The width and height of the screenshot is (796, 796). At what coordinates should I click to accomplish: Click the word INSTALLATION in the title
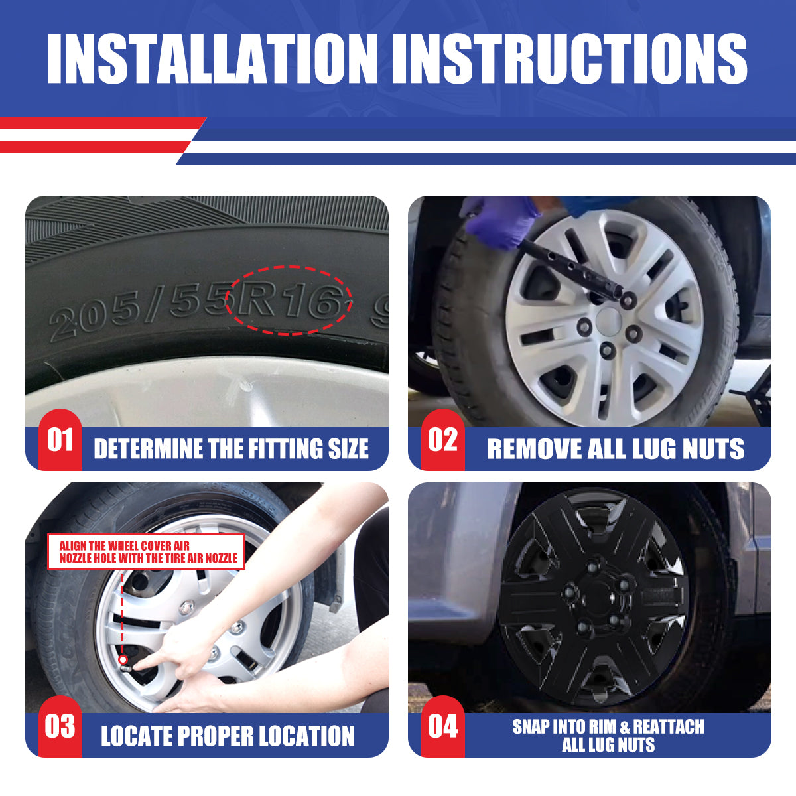point(212,58)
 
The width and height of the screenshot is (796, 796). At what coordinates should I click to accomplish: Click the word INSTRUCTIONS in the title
point(570,58)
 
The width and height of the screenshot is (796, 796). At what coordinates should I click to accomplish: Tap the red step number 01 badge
point(60,440)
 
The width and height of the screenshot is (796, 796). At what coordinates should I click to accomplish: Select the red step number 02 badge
point(443,440)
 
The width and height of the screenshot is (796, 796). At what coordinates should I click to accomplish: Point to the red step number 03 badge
point(60,726)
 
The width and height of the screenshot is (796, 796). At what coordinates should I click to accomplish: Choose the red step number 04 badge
point(443,726)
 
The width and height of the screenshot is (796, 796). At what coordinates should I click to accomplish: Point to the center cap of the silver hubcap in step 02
point(608,320)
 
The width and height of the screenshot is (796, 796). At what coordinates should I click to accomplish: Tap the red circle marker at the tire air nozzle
point(123,659)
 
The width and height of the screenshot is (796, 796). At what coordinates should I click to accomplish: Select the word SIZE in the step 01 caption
point(348,448)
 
